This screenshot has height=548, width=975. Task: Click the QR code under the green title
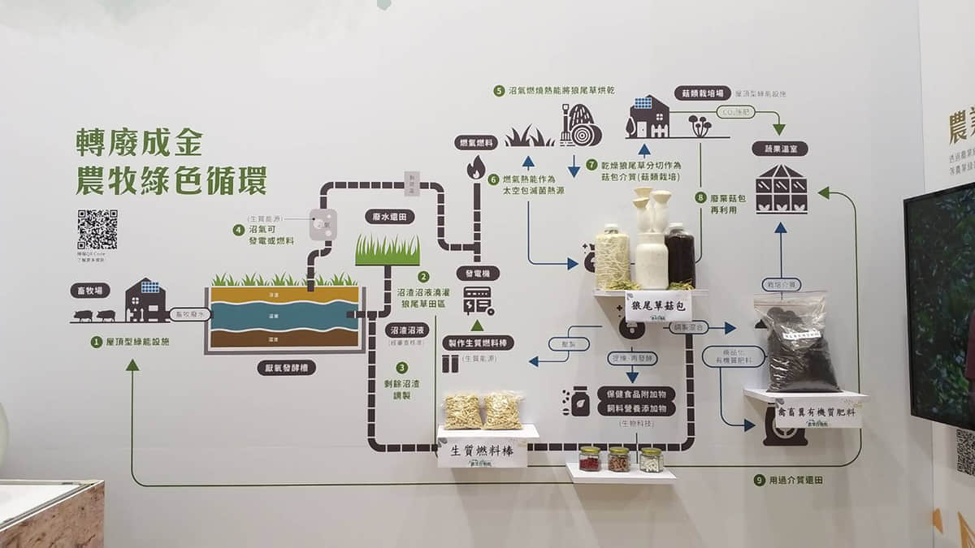(x=97, y=230)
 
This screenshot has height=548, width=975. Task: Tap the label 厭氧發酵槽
(x=284, y=367)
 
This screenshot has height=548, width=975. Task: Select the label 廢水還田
(x=388, y=217)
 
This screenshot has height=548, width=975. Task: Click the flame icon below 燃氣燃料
(x=475, y=167)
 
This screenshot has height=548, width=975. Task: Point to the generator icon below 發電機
(x=476, y=302)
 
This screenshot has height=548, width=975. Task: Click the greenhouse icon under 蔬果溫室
(x=781, y=189)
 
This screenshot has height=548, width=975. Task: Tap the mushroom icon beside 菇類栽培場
(x=700, y=124)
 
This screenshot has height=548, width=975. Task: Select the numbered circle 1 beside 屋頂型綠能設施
(x=96, y=342)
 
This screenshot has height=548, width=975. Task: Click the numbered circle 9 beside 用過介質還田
(x=759, y=480)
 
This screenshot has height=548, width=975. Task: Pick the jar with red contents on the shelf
(x=590, y=459)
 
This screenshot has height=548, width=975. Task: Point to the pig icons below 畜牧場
(x=95, y=315)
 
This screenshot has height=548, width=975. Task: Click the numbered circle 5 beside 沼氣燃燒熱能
(x=498, y=91)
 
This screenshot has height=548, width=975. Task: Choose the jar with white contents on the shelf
(x=651, y=460)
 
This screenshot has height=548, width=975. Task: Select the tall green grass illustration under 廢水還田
(x=388, y=250)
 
